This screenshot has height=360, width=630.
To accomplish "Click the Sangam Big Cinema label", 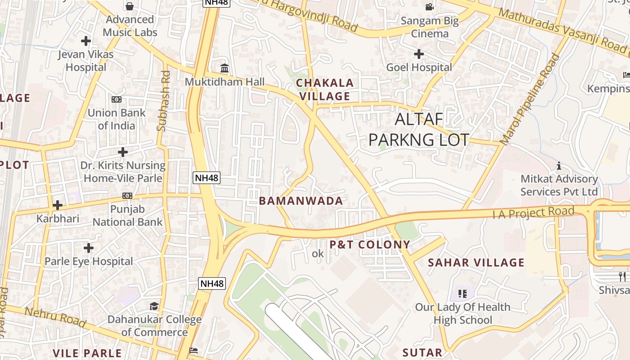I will (x=429, y=27).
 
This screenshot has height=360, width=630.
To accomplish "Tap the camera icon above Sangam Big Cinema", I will (x=429, y=7).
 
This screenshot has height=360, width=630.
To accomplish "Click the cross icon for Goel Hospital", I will (x=419, y=54).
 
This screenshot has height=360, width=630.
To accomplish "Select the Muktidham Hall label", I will (x=225, y=82).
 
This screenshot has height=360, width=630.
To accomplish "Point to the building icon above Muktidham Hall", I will (x=224, y=68).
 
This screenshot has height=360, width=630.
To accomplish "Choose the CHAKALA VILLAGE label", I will (x=325, y=90).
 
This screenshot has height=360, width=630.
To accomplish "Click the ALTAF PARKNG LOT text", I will (x=418, y=130).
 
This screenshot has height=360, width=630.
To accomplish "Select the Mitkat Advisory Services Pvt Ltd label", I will (x=559, y=185).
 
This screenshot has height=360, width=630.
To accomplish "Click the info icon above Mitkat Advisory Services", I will (x=559, y=166).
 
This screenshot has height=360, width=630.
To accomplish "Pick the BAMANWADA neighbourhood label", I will (x=301, y=201).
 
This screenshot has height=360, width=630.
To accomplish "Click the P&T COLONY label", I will (x=370, y=245).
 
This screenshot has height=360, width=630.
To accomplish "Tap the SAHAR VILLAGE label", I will (x=476, y=262).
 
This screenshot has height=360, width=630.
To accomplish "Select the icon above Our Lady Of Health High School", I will (x=462, y=294).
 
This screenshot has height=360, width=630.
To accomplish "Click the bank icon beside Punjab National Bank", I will (x=127, y=196).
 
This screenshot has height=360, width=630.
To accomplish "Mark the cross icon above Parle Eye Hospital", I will (x=89, y=247).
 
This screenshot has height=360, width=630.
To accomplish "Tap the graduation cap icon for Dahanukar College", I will (x=154, y=306).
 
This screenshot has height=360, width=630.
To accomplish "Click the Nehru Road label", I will (x=55, y=317).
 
